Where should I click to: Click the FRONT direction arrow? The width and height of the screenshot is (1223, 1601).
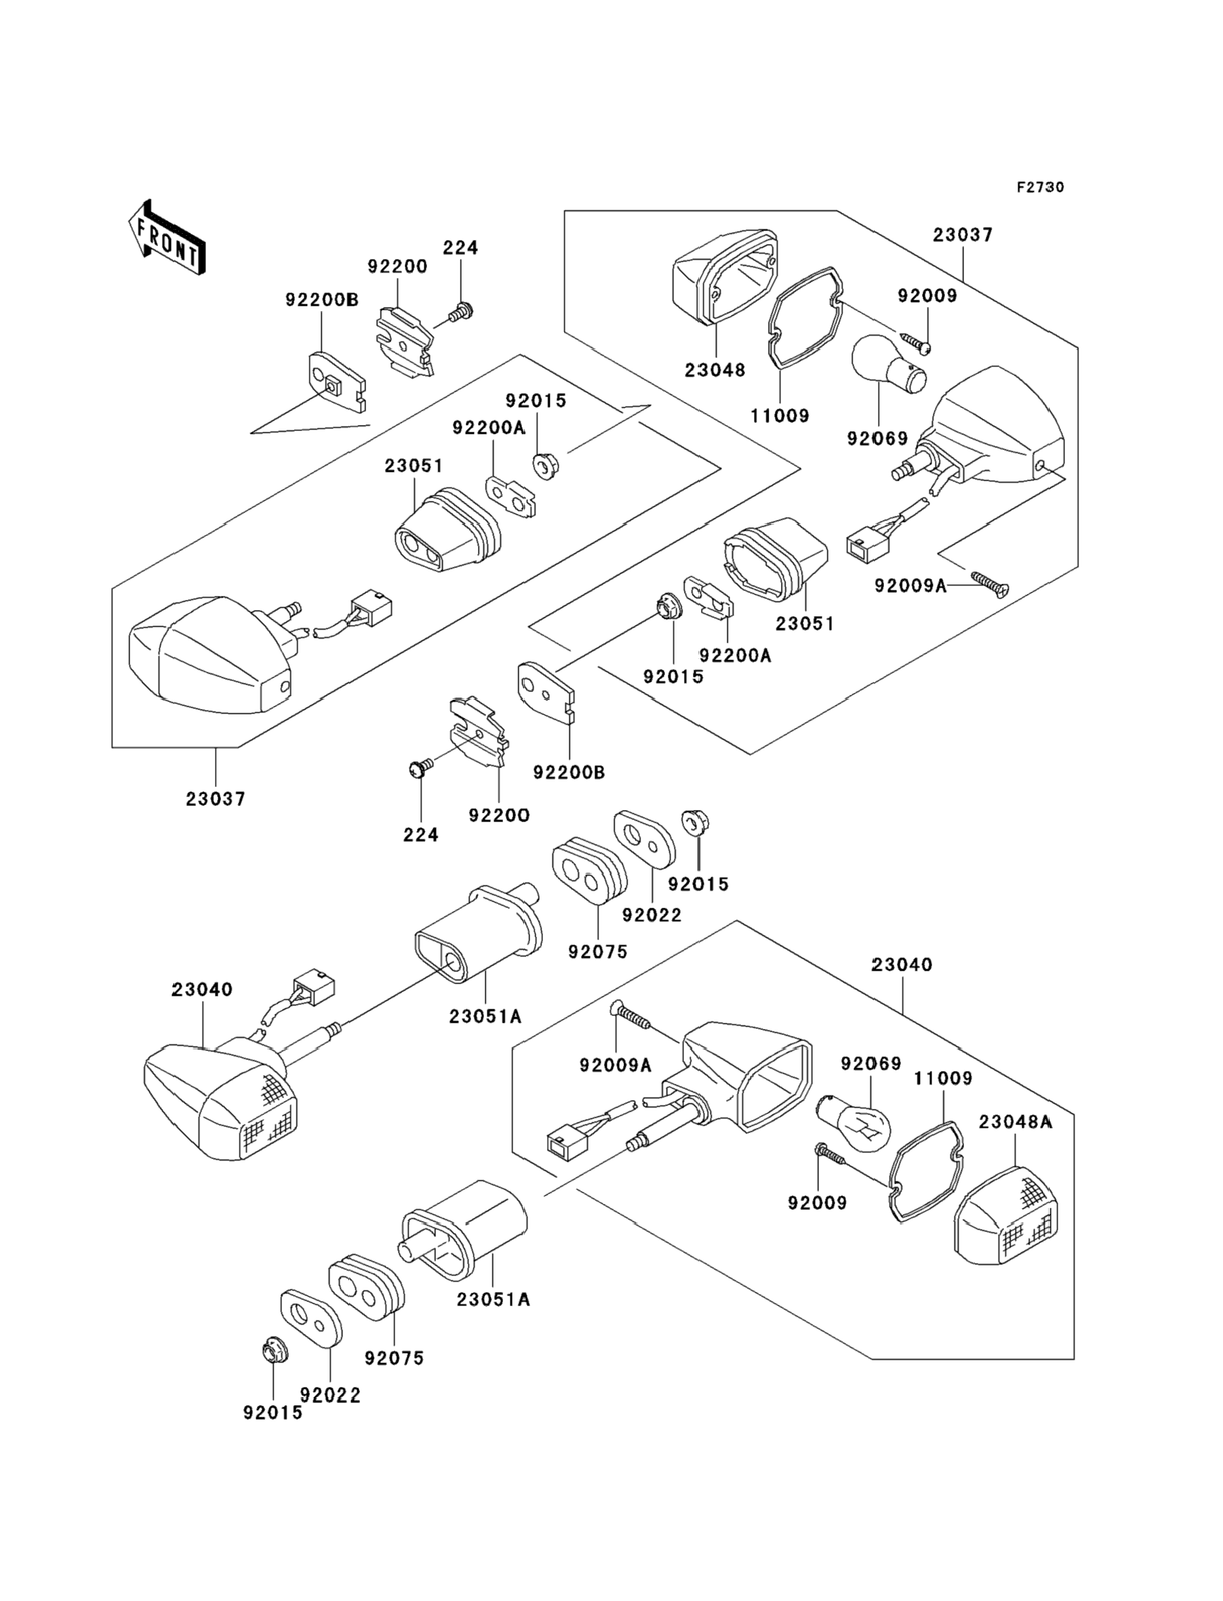(167, 238)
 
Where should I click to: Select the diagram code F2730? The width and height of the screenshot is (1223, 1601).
(1040, 187)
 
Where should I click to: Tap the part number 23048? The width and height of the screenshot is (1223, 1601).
(715, 369)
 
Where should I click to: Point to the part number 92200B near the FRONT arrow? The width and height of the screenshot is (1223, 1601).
(321, 300)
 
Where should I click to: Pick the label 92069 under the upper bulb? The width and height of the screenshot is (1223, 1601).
(877, 438)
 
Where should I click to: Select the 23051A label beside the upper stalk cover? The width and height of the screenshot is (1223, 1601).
(485, 1017)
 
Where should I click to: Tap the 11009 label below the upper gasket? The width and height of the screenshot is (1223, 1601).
(780, 416)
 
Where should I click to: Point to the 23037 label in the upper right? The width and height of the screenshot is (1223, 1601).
(963, 235)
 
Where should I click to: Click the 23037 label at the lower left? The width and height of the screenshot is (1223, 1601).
(216, 798)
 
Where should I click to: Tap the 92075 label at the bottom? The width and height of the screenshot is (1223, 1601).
(394, 1358)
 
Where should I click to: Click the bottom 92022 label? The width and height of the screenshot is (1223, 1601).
(331, 1395)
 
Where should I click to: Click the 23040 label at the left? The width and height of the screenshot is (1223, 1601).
(201, 989)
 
